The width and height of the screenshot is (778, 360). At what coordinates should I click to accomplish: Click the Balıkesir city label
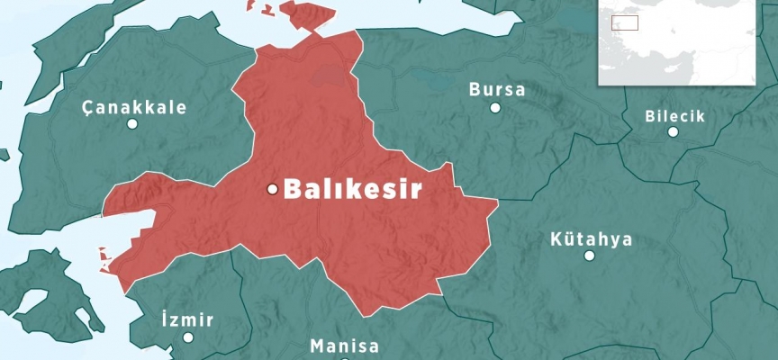pyautogui.click(x=353, y=189)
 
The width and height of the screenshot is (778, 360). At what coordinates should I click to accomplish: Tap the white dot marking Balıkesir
pyautogui.click(x=272, y=189)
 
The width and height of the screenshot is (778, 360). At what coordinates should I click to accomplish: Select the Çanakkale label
pyautogui.click(x=134, y=107)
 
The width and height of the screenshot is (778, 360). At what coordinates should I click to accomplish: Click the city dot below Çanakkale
pyautogui.click(x=132, y=124)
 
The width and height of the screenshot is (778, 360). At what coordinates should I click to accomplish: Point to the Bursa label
pyautogui.click(x=497, y=90)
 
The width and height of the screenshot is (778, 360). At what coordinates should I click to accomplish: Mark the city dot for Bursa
pyautogui.click(x=495, y=108)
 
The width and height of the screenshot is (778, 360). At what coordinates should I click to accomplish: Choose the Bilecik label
pyautogui.click(x=674, y=116)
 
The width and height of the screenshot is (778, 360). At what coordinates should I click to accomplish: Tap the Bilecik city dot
pyautogui.click(x=673, y=132)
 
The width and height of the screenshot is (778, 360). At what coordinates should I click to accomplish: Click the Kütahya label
pyautogui.click(x=591, y=240)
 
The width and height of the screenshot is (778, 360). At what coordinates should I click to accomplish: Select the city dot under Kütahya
pyautogui.click(x=589, y=256)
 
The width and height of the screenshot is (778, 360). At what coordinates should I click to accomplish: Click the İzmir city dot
pyautogui.click(x=188, y=337)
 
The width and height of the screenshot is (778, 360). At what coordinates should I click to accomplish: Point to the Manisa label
pyautogui.click(x=344, y=346)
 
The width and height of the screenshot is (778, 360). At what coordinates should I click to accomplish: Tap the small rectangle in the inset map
pyautogui.click(x=624, y=22)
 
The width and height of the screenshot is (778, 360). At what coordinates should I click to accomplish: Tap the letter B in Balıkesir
pyautogui.click(x=292, y=189)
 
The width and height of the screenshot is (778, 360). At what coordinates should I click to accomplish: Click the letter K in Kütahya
pyautogui.click(x=556, y=240)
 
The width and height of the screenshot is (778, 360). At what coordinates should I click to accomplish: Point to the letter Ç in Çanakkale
pyautogui.click(x=87, y=107)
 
